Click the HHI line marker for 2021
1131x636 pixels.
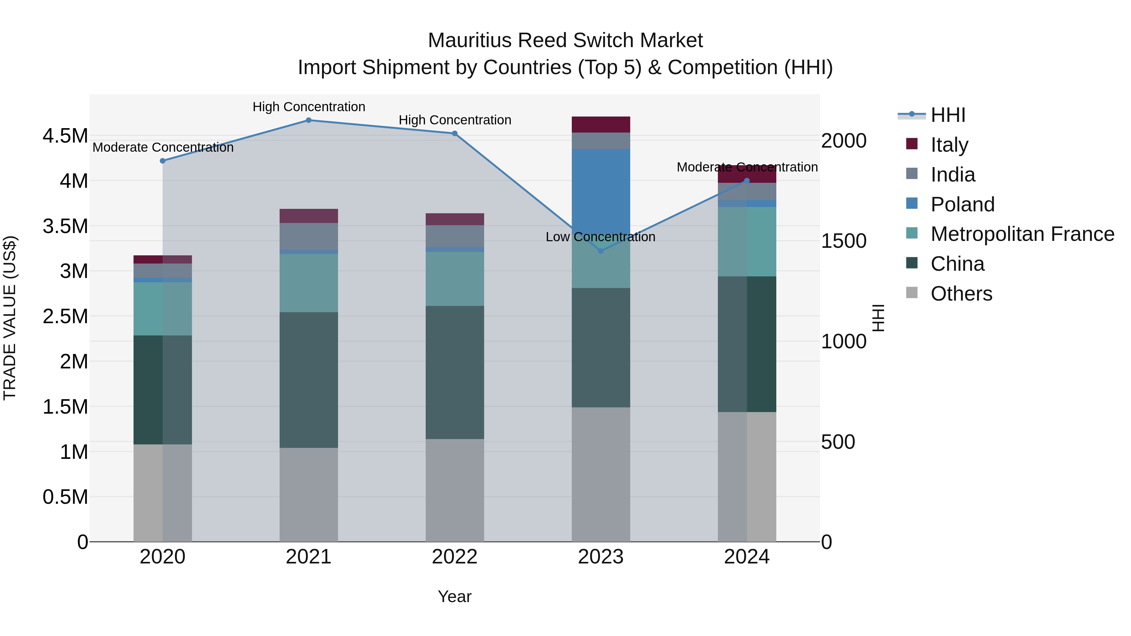(309, 120)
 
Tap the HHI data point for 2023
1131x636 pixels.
(601, 251)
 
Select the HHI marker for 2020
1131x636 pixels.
(162, 161)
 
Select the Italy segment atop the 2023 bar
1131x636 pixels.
(601, 125)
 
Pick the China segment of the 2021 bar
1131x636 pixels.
(309, 380)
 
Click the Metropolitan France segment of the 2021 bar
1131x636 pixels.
(309, 283)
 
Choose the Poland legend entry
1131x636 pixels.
(962, 204)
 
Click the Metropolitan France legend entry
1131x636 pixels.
(1022, 234)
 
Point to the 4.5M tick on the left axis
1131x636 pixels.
(65, 136)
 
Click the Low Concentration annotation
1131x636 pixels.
(600, 237)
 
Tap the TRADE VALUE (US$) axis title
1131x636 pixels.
(10, 318)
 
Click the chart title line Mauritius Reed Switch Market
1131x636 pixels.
(565, 41)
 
